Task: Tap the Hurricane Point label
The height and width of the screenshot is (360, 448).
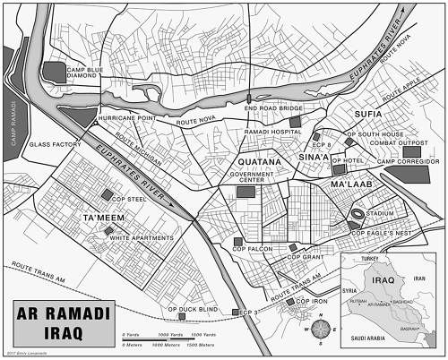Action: (125, 116)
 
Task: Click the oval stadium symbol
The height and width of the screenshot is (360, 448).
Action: (358, 216)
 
